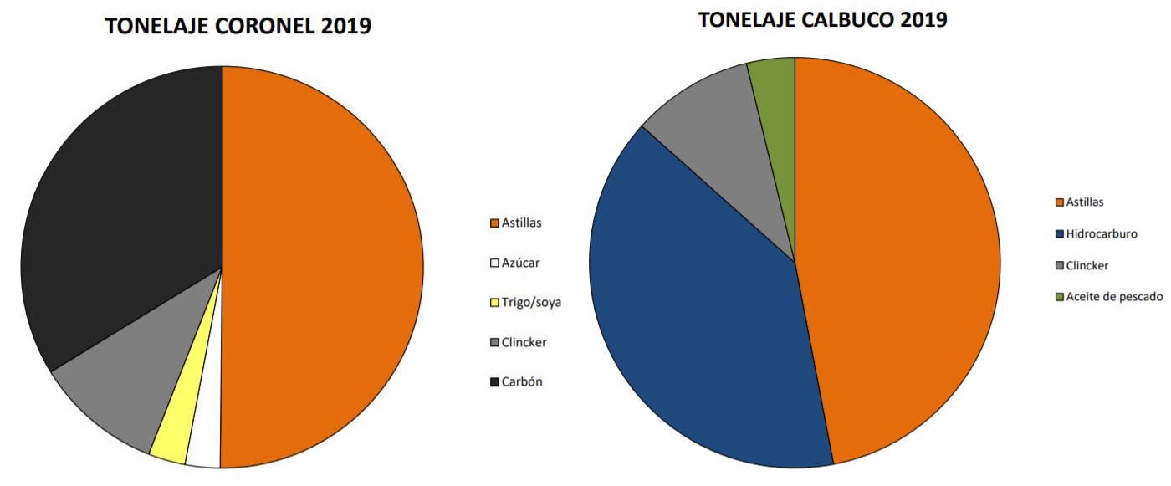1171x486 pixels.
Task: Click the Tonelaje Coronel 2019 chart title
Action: pyautogui.click(x=238, y=26)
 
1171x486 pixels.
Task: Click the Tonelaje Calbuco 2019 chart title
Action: pyautogui.click(x=823, y=19)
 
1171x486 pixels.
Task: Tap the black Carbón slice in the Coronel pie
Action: pyautogui.click(x=125, y=209)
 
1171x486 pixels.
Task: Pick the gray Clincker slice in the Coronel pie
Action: pyautogui.click(x=134, y=376)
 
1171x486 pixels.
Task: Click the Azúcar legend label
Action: pyautogui.click(x=520, y=263)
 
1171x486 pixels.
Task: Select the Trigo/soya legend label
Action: pyautogui.click(x=531, y=302)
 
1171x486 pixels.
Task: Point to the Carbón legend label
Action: pyautogui.click(x=522, y=381)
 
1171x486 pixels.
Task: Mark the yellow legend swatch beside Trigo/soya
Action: pyautogui.click(x=494, y=303)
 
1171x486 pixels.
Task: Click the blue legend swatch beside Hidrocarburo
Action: pyautogui.click(x=1060, y=234)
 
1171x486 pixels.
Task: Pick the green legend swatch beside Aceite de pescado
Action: pyautogui.click(x=1060, y=297)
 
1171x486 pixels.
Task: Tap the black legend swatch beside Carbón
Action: pyautogui.click(x=494, y=382)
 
